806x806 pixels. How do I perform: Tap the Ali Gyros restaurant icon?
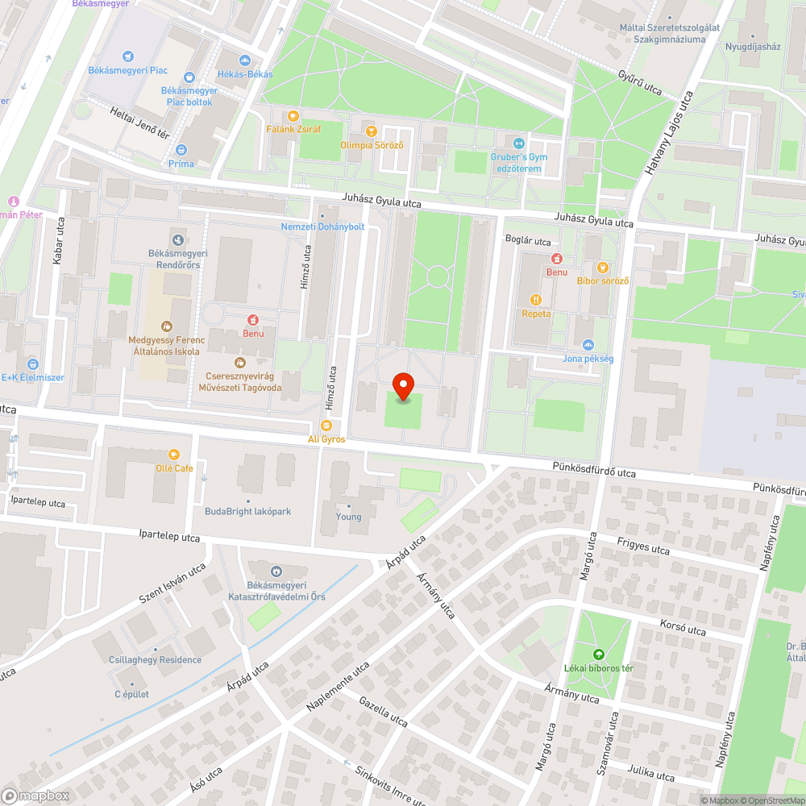click(x=326, y=426)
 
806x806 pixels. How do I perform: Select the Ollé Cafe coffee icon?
click(x=174, y=455)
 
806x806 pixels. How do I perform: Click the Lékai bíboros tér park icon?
click(x=598, y=654)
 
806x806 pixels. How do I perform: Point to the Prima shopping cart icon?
click(x=181, y=150)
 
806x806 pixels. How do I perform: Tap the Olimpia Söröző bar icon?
click(x=371, y=131)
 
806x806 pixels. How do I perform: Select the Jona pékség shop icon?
click(x=588, y=345)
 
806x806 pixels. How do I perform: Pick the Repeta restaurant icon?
click(x=536, y=300)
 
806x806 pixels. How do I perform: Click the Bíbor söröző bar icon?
click(x=602, y=267)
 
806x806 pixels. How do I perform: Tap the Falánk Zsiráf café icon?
click(x=293, y=115)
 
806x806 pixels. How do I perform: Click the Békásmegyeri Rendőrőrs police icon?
click(x=177, y=239)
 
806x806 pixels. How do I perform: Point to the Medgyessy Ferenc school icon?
click(x=166, y=326)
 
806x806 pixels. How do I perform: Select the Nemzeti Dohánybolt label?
click(x=322, y=226)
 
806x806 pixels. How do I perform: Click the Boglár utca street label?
click(x=527, y=241)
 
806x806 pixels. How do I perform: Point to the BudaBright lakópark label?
click(x=247, y=511)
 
